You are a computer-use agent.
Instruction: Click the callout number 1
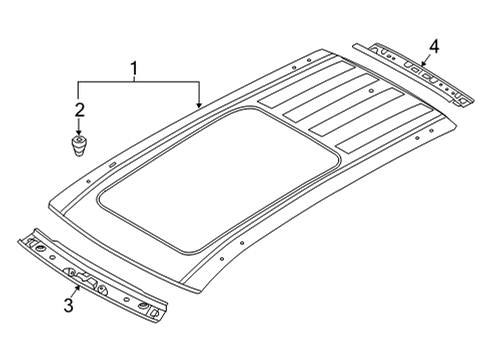[x=134, y=69]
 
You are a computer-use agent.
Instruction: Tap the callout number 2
[x=79, y=110]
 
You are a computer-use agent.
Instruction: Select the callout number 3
[x=69, y=306]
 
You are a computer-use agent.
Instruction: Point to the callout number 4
[x=434, y=47]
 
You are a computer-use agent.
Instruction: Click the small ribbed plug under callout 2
[x=79, y=145]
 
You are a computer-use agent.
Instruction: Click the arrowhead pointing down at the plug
[x=79, y=132]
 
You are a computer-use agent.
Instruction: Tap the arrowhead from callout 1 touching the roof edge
[x=199, y=105]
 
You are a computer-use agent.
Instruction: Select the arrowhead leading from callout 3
[x=78, y=288]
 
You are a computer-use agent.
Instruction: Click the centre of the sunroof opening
[x=218, y=180]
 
